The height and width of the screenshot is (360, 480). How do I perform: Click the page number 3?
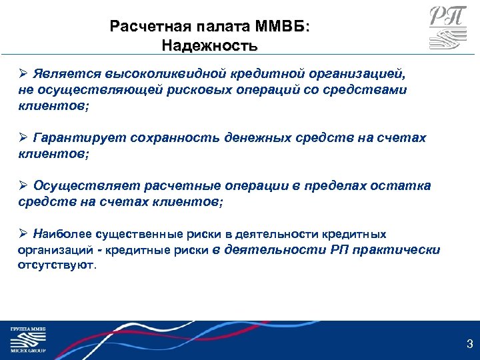pyautogui.click(x=469, y=345)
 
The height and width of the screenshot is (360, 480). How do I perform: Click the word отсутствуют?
pyautogui.click(x=57, y=264)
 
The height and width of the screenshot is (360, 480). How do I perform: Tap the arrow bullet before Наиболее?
pyautogui.click(x=23, y=235)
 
